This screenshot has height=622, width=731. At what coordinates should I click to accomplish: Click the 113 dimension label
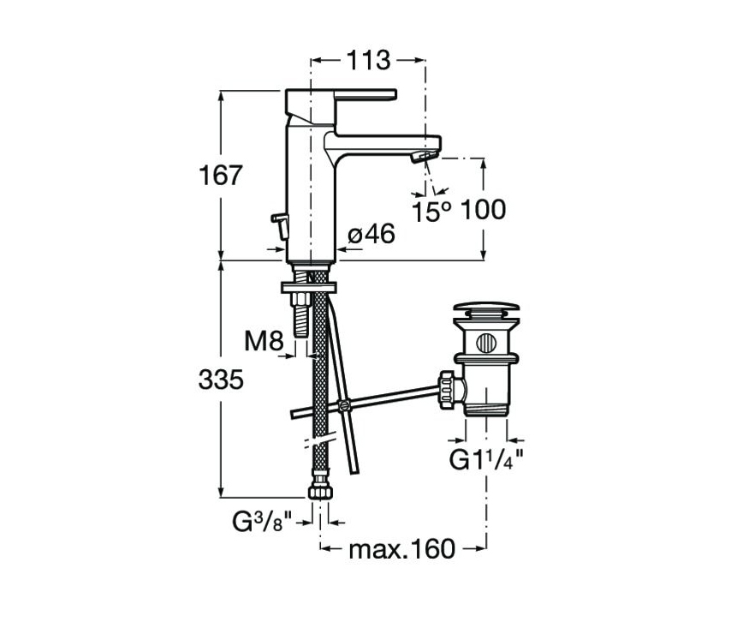[368, 60]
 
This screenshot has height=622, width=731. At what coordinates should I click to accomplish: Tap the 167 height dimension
[221, 176]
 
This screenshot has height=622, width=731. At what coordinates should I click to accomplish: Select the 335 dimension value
[221, 380]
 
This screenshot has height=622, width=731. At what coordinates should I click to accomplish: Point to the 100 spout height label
[483, 210]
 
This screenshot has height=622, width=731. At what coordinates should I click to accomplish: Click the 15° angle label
[431, 212]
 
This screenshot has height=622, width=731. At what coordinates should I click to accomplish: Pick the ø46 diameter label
[371, 233]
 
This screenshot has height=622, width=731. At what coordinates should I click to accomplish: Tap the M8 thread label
[264, 341]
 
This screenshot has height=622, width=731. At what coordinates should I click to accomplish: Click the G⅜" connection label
[262, 522]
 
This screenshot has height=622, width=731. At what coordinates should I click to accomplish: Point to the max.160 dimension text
[401, 549]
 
